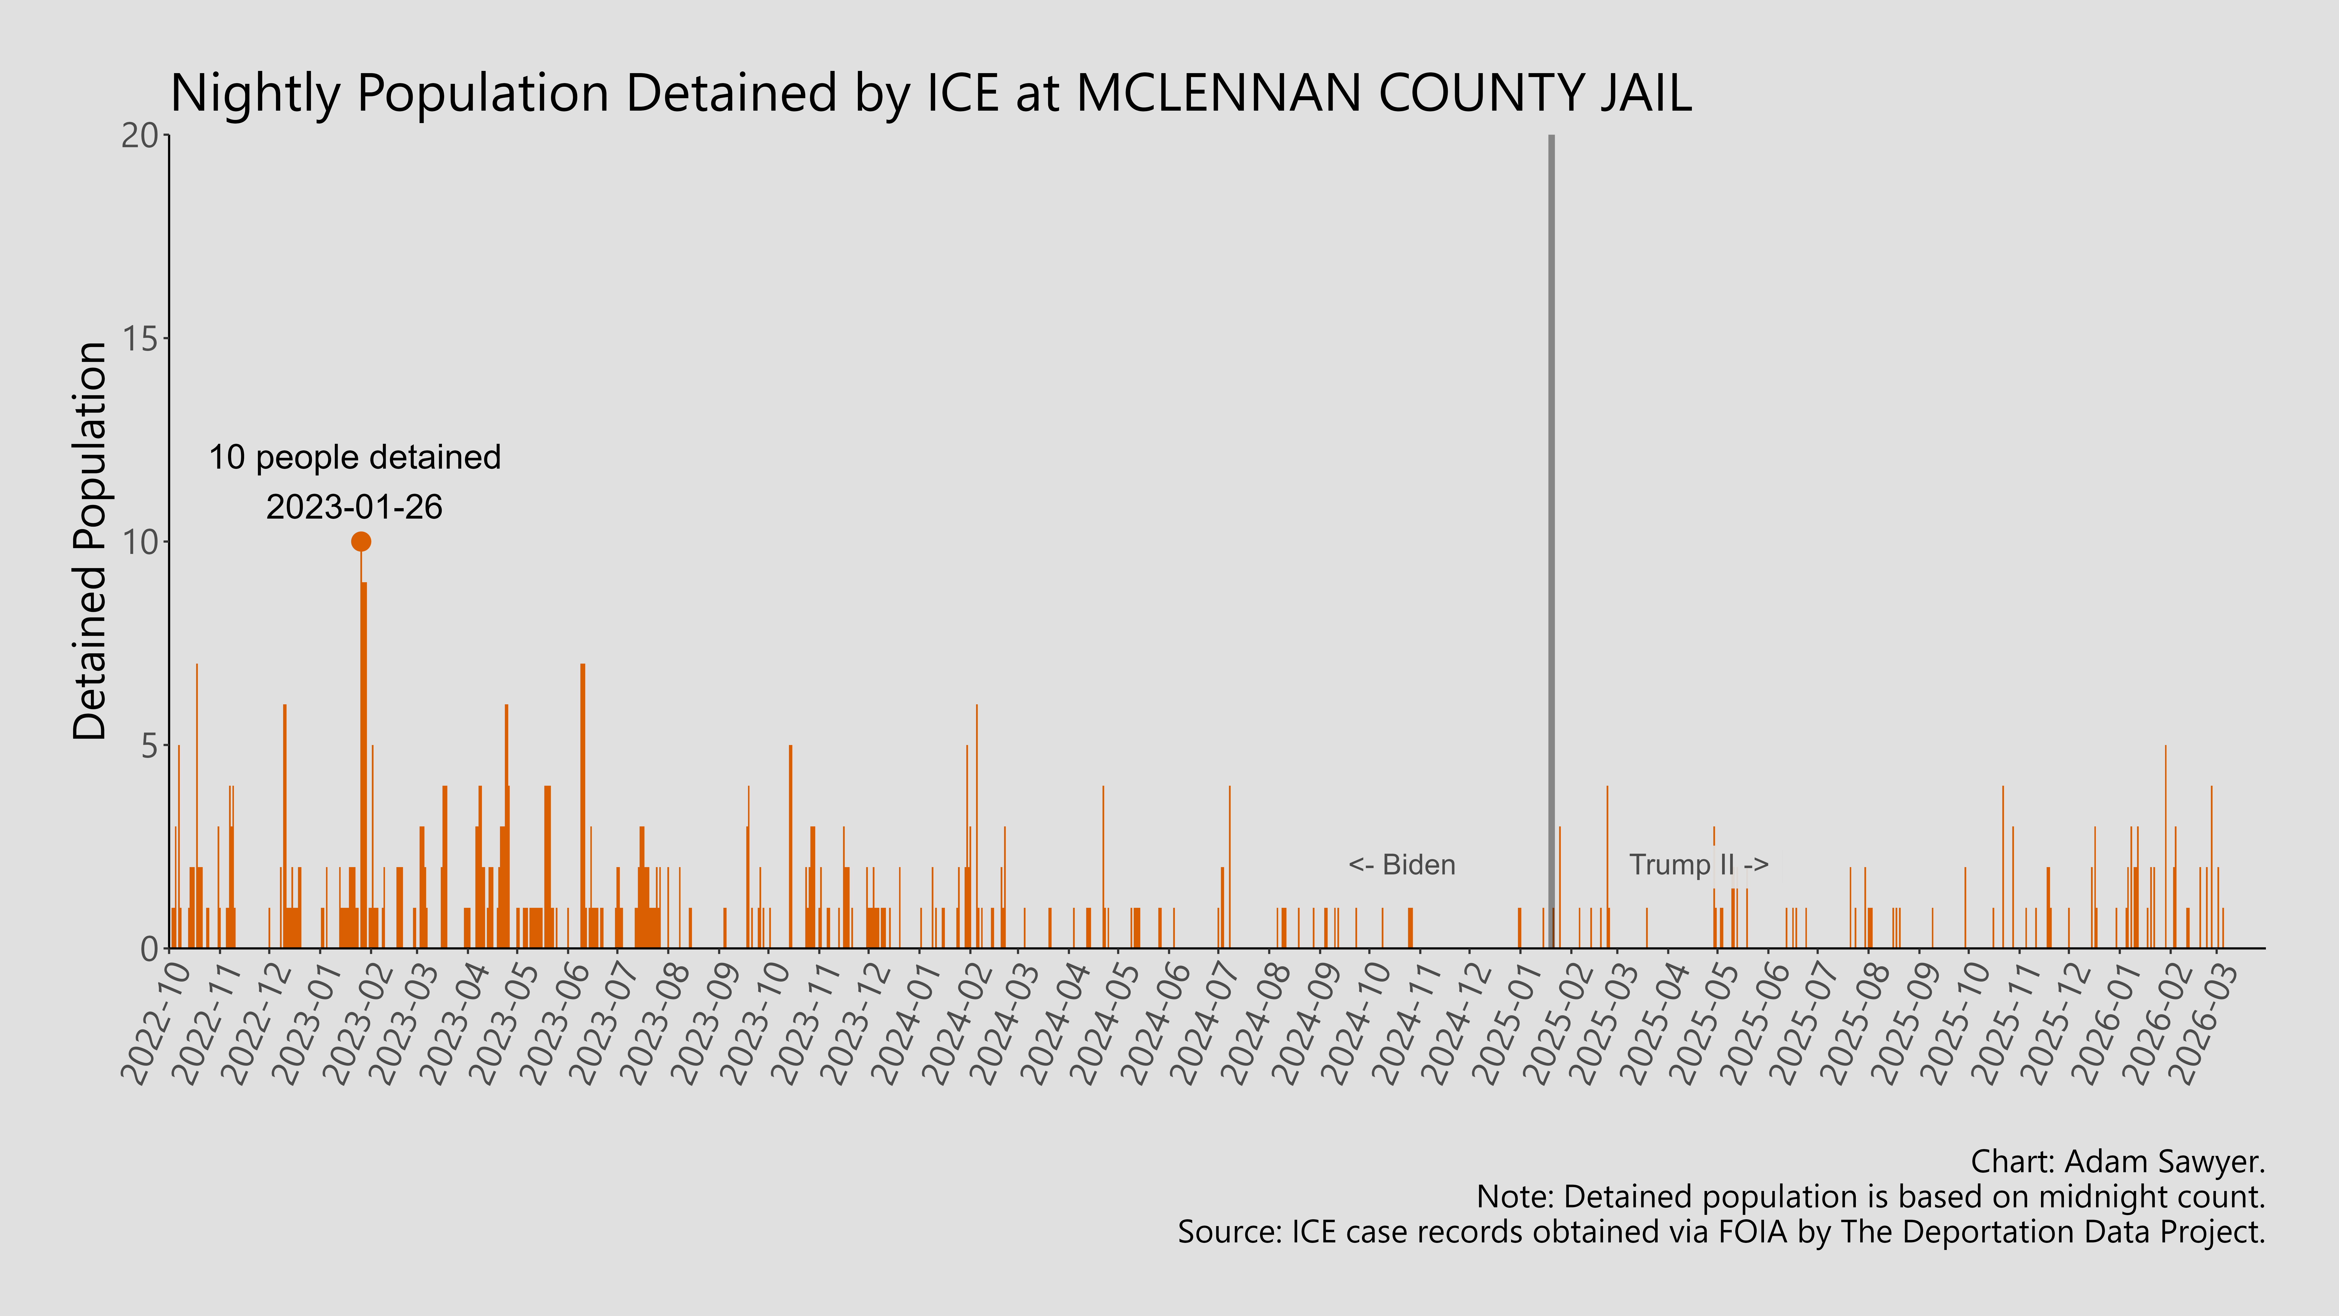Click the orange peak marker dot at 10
click(361, 541)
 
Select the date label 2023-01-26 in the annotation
click(354, 507)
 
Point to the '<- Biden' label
click(1402, 865)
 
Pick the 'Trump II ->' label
click(1698, 865)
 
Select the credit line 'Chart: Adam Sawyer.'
click(2118, 1161)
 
